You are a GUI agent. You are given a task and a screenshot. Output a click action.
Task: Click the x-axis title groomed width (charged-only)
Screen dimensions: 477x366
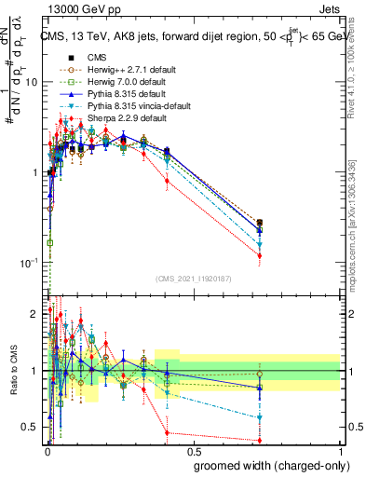tap(266, 463)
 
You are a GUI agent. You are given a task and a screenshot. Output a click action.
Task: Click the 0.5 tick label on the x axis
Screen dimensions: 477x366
tap(193, 450)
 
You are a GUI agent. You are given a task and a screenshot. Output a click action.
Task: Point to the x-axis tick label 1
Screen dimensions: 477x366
tap(339, 450)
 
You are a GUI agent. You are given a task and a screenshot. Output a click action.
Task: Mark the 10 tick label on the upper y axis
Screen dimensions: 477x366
tap(31, 83)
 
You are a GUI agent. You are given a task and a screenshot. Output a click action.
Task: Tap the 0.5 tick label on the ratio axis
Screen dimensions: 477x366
tap(31, 427)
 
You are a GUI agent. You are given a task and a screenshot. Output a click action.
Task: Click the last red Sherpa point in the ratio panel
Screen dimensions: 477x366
tap(259, 440)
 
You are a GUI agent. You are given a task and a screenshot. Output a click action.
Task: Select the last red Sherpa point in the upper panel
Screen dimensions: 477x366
tap(259, 255)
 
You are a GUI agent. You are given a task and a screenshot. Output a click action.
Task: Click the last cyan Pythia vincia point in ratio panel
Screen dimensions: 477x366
tap(259, 417)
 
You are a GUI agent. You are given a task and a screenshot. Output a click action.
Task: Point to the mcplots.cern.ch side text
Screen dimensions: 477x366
tap(358, 233)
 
